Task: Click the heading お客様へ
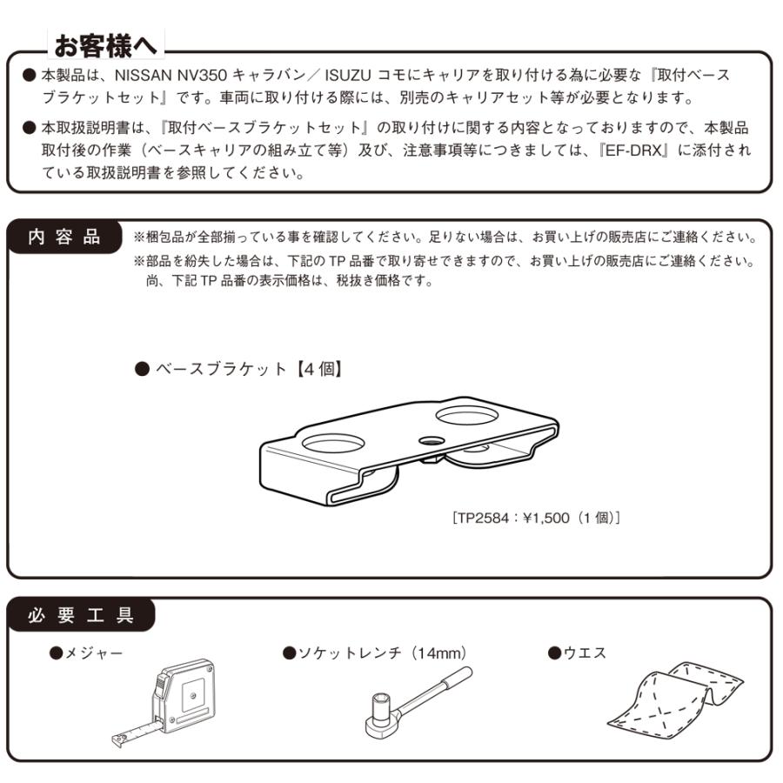tap(106, 42)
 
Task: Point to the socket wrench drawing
tap(413, 700)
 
